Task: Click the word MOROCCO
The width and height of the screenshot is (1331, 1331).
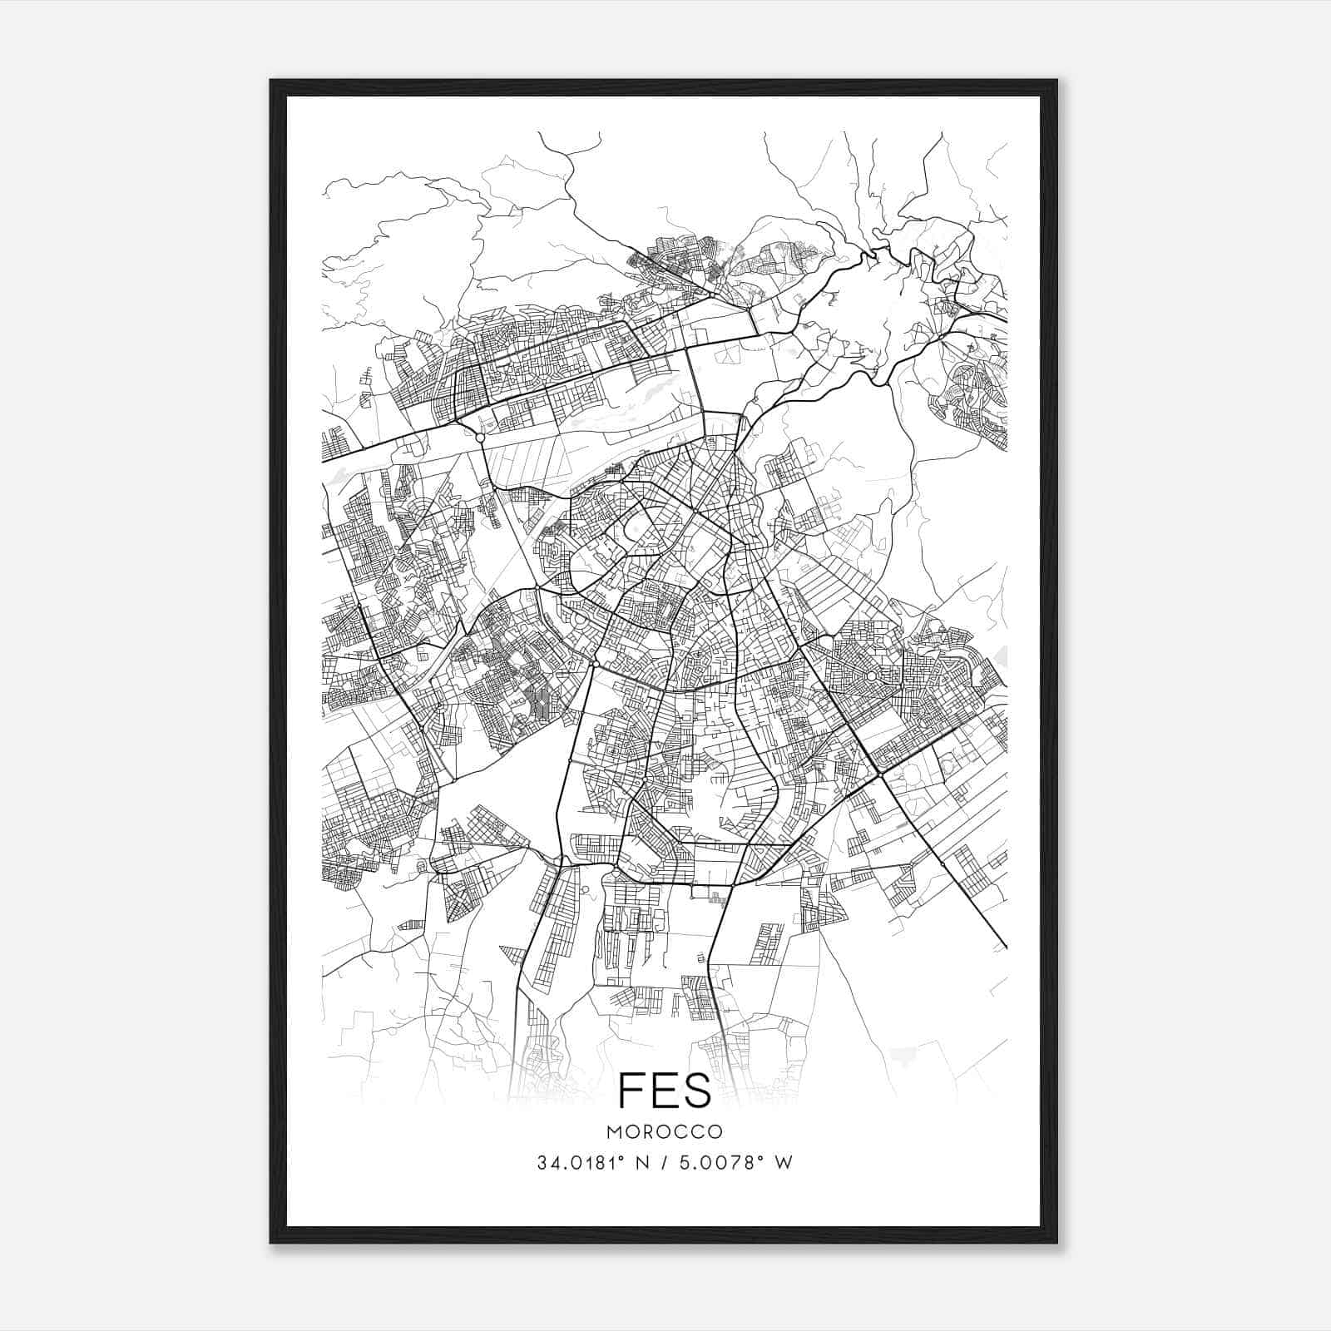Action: [x=665, y=1132]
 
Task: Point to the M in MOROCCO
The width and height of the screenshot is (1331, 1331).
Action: [x=614, y=1132]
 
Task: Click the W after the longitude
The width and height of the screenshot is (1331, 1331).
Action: [x=784, y=1162]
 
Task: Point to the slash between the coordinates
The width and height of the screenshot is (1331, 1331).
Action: [x=661, y=1162]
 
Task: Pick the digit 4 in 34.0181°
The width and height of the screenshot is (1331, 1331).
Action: [x=554, y=1162]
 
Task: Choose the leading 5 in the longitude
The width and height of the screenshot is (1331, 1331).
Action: [x=684, y=1162]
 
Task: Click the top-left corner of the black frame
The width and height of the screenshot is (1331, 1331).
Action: [x=271, y=81]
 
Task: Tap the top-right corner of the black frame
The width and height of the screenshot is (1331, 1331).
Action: [x=1056, y=81]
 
